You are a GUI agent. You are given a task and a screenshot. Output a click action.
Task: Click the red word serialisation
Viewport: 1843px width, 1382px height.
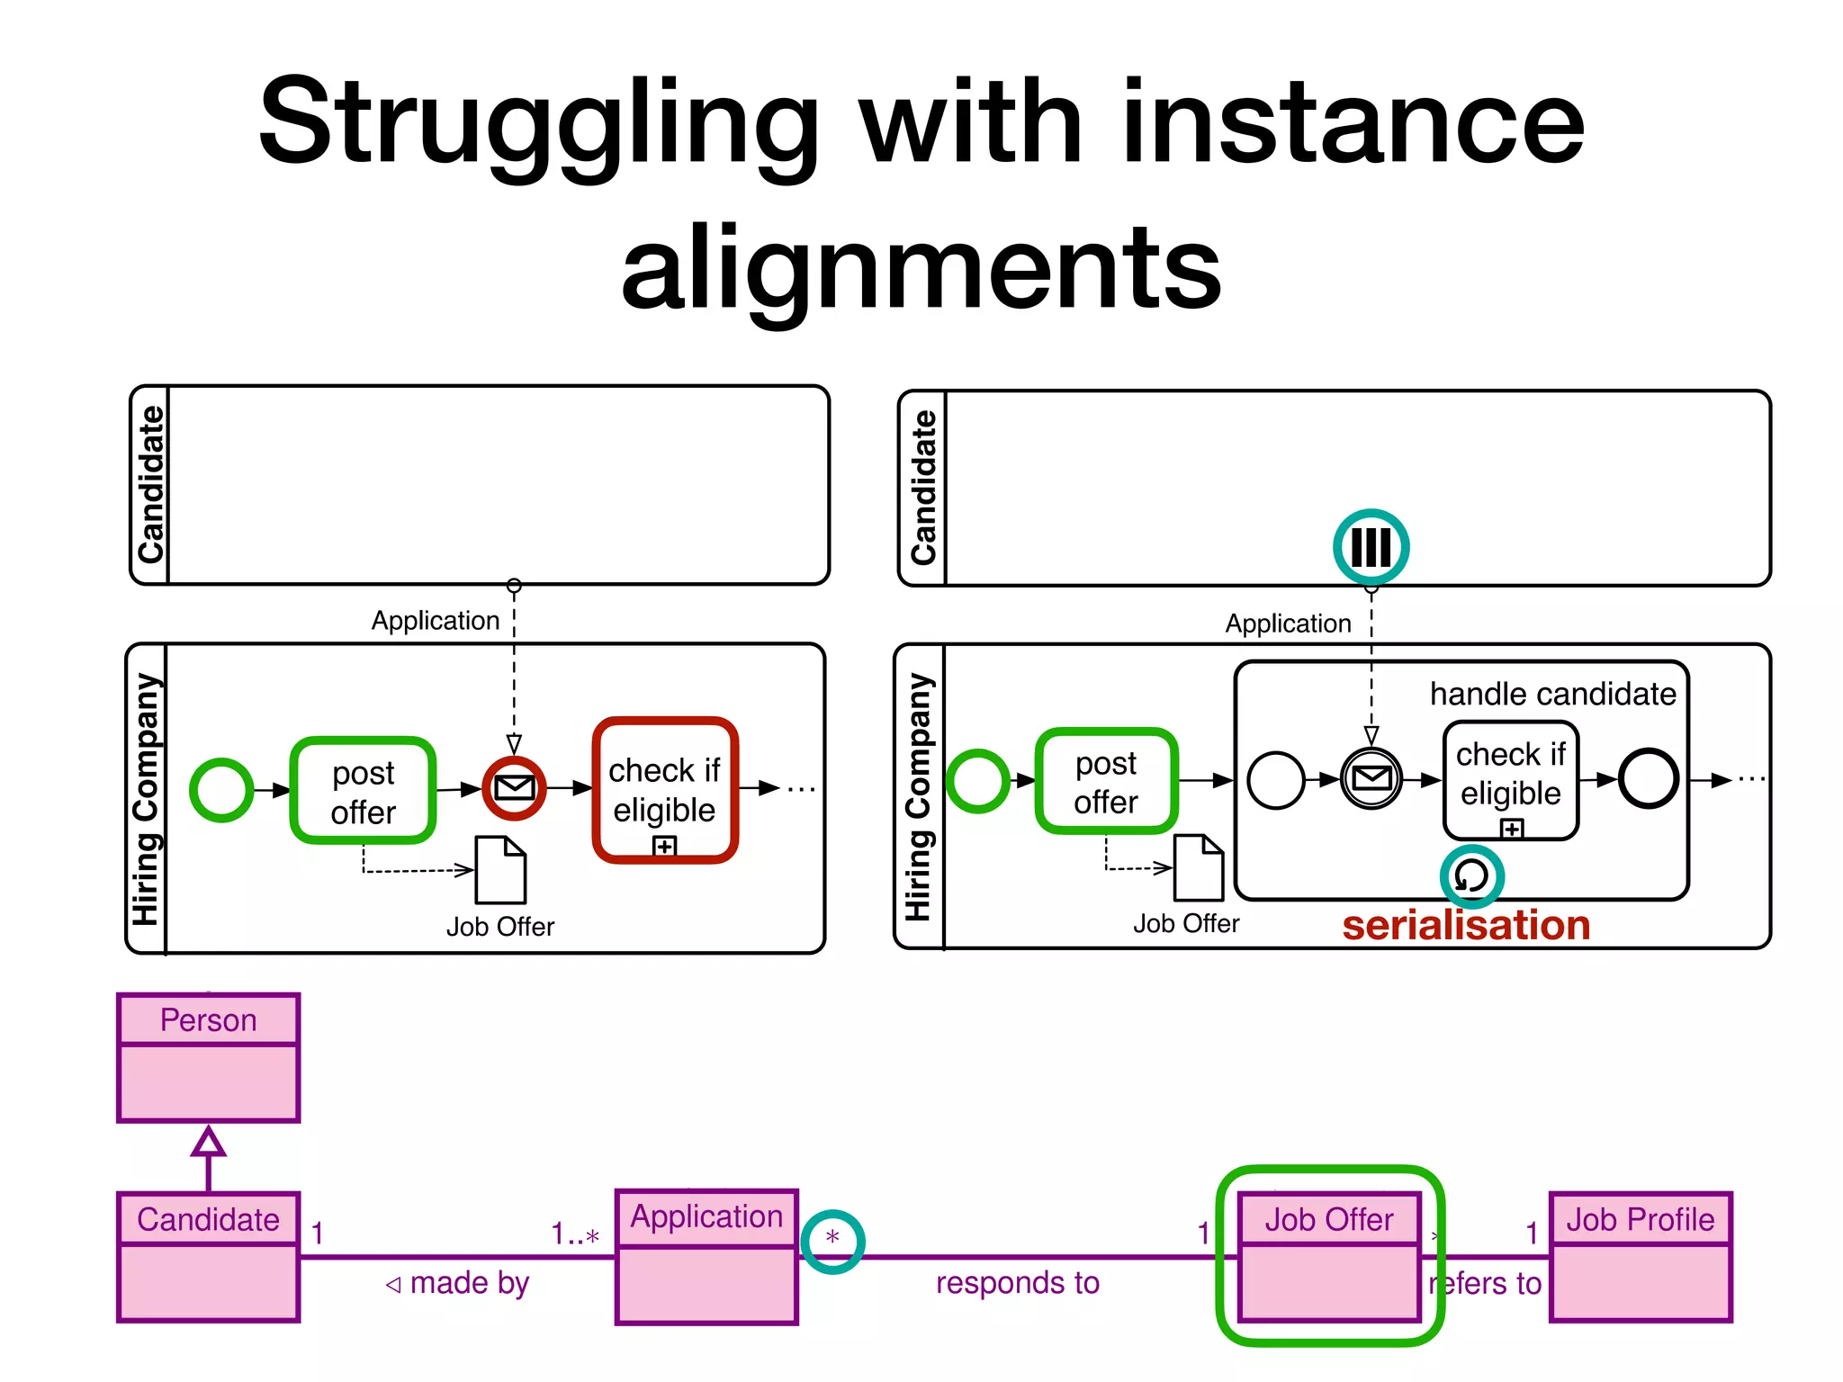coord(1466,926)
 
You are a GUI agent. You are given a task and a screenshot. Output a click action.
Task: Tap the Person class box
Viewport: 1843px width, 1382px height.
coord(208,1058)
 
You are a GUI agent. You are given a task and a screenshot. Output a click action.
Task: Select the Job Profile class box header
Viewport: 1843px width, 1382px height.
coord(1640,1219)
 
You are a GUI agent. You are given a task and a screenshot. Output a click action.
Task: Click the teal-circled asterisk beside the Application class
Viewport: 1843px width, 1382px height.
coord(832,1240)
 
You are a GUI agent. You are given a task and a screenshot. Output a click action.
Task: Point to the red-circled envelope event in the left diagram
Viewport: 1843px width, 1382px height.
coord(514,788)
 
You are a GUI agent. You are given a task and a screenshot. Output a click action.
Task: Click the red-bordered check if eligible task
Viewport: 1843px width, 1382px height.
coord(665,790)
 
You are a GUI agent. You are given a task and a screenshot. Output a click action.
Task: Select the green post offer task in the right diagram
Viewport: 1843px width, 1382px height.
coord(1106,781)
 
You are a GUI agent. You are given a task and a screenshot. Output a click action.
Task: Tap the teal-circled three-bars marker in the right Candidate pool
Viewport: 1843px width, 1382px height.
coord(1371,546)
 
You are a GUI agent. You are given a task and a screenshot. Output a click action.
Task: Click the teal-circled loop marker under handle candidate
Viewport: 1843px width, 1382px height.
coord(1471,875)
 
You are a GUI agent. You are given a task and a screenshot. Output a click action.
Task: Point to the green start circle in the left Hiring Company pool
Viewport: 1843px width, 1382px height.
coord(221,790)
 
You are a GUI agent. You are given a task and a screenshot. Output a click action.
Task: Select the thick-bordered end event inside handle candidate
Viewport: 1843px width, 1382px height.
coord(1648,779)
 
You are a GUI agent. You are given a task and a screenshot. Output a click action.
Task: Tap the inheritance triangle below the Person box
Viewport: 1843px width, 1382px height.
coord(208,1142)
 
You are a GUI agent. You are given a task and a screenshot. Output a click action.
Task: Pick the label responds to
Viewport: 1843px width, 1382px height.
coord(1017,1283)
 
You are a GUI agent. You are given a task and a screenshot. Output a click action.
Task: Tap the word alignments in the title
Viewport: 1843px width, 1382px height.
coord(921,267)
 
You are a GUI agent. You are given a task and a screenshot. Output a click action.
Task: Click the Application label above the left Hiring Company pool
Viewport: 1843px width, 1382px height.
coord(436,621)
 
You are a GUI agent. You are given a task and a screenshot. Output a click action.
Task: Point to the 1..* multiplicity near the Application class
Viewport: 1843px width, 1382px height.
coord(575,1234)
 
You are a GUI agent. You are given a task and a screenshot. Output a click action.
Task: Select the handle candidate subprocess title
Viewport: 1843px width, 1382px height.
coord(1552,694)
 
